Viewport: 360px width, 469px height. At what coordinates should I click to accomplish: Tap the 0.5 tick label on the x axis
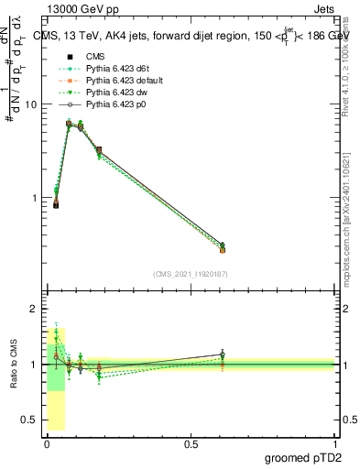(191, 443)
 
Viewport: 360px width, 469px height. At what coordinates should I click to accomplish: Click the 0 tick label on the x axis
(47, 443)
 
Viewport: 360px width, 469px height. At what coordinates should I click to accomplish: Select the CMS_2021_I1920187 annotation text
(190, 274)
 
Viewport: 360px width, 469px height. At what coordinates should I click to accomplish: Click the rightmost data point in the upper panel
(222, 246)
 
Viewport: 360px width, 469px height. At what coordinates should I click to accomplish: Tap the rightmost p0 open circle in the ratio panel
(222, 354)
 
